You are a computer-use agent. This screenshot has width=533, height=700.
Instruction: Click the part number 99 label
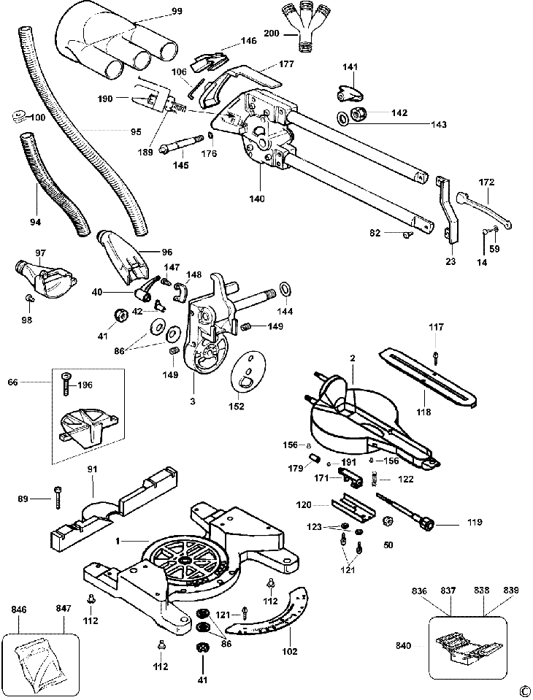pos(177,12)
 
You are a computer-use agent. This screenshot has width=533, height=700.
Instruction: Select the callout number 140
pos(258,199)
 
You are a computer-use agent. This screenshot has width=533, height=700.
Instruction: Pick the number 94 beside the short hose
pos(36,221)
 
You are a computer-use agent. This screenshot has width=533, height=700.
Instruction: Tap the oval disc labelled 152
pos(248,371)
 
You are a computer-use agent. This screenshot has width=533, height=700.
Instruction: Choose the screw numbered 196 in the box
pos(66,382)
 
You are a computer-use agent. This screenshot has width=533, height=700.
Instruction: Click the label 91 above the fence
pos(93,469)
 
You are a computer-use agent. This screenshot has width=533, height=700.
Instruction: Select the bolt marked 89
pos(58,498)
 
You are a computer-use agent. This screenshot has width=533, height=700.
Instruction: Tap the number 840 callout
pos(404,645)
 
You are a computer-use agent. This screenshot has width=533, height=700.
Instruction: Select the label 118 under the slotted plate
pos(423,412)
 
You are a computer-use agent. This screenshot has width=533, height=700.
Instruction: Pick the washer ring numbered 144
pos(285,289)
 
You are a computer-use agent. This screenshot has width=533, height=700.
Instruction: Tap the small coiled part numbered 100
pos(18,117)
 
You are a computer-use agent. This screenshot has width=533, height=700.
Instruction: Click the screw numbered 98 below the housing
pos(28,297)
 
